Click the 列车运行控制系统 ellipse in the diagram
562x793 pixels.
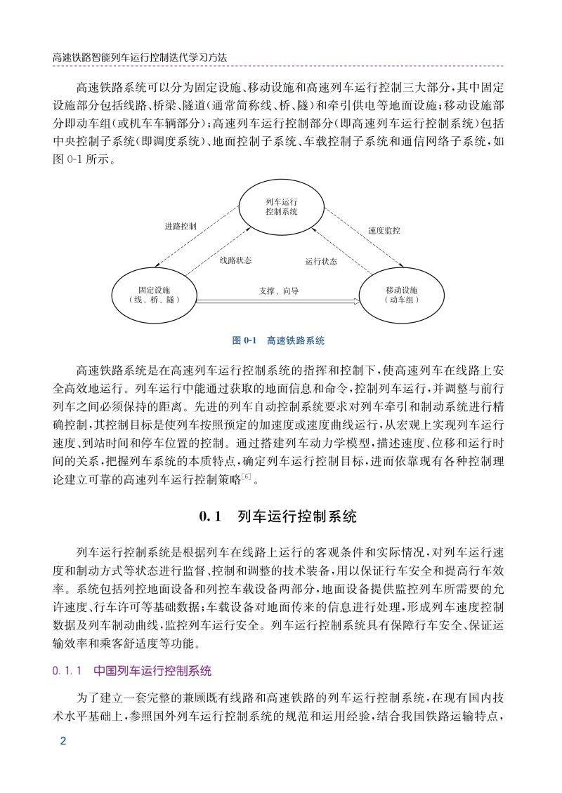281,207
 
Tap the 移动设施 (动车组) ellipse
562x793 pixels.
401,293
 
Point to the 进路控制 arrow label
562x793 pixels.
181,227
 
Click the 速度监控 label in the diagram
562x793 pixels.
384,230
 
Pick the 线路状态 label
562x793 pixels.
235,260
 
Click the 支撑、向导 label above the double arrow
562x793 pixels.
279,290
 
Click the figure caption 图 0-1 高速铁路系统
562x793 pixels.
278,340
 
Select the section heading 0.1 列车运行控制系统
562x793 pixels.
278,518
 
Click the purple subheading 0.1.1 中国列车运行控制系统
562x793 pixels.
132,671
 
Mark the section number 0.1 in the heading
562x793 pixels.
210,518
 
